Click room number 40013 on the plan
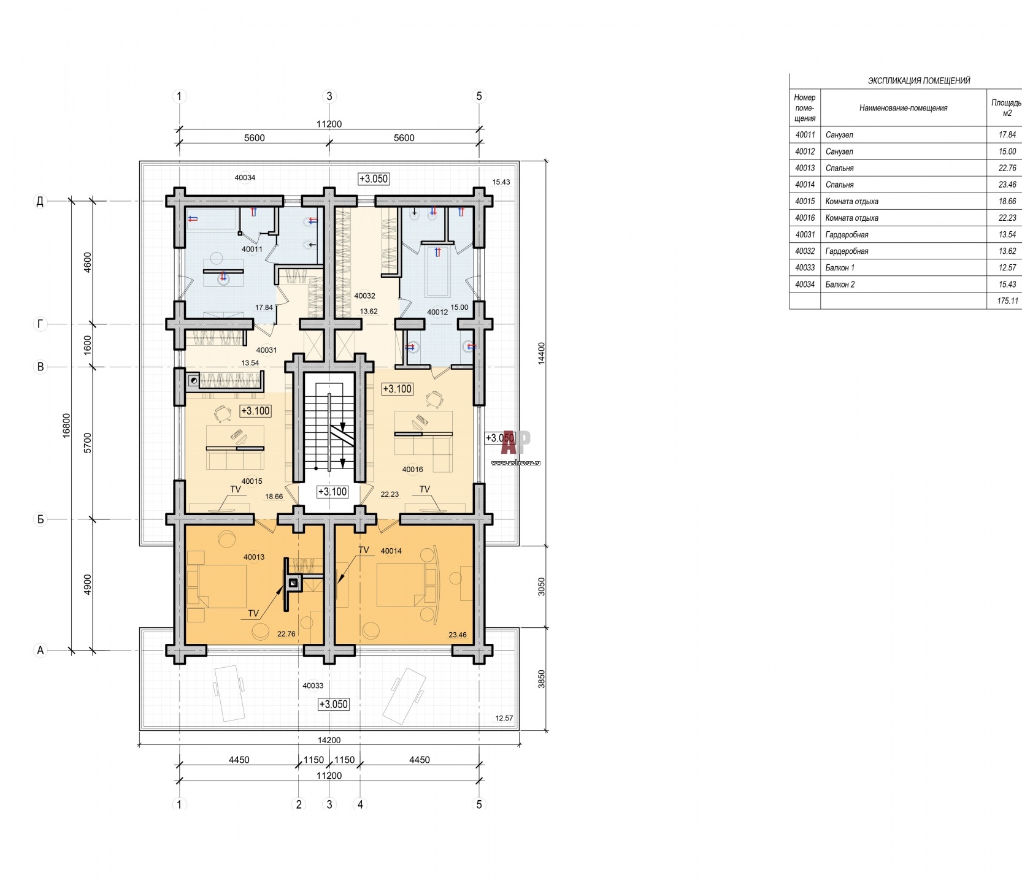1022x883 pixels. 254,557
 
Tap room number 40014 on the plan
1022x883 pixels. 391,551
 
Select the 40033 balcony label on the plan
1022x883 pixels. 313,686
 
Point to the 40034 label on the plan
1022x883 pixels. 245,178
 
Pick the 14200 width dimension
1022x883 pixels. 329,740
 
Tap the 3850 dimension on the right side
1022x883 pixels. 541,679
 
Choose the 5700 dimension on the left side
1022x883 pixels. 87,443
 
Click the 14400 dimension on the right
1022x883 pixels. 541,354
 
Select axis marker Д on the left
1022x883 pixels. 40,201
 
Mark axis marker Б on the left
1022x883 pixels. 40,519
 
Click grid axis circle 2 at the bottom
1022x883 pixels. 299,805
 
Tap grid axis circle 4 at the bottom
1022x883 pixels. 361,805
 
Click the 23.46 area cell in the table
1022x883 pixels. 1007,185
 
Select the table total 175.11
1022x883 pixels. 1007,301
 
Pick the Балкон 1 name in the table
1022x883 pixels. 840,268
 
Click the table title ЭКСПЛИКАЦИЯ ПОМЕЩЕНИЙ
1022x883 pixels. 919,81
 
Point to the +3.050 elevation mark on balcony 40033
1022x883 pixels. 334,705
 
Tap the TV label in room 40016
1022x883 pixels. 425,489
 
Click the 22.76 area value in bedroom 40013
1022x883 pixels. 286,635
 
